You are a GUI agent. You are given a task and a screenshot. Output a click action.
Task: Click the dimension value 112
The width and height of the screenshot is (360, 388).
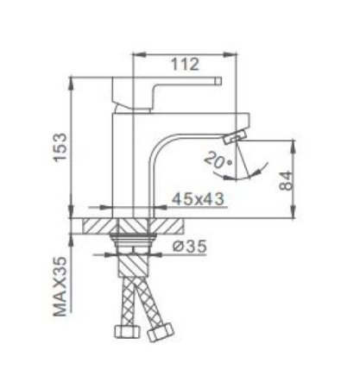pyautogui.click(x=184, y=64)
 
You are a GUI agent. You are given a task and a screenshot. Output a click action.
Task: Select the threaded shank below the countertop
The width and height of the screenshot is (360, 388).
pyautogui.click(x=135, y=250)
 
